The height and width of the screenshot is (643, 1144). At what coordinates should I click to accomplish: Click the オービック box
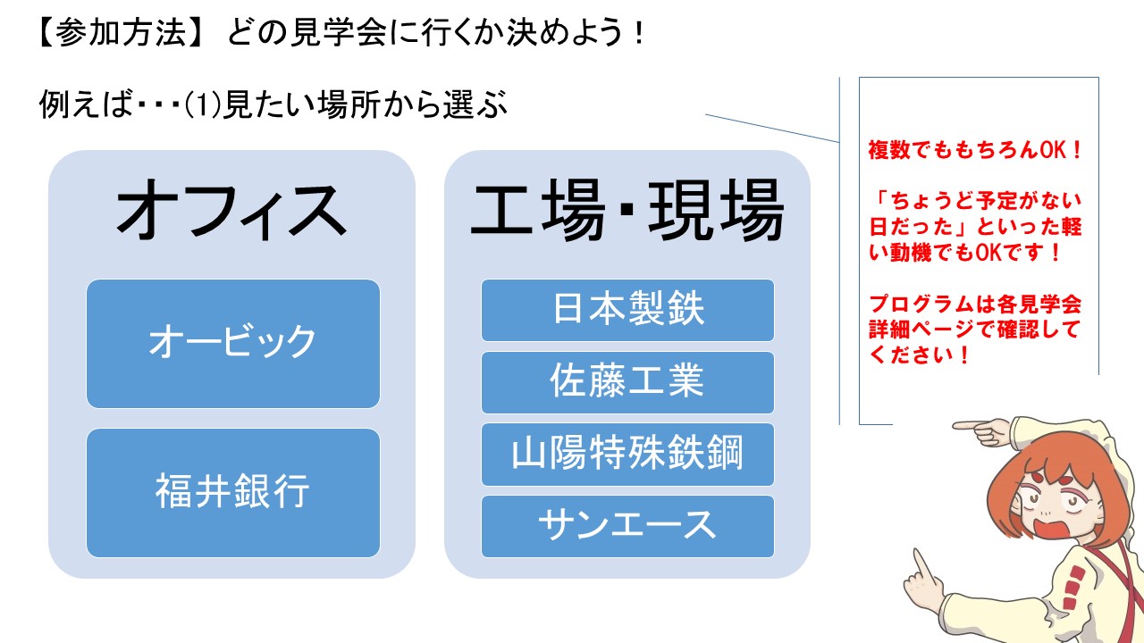pos(233,344)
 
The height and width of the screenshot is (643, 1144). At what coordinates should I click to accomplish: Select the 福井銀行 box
pos(233,492)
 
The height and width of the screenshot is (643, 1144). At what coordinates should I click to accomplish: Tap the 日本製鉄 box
pos(627,310)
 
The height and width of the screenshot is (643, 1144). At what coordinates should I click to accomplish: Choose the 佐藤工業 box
pos(627,382)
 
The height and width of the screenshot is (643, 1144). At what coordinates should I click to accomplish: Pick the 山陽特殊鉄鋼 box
pos(627,455)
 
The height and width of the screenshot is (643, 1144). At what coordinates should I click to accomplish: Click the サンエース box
pos(627,526)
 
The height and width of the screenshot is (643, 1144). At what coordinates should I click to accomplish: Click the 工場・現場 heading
pos(627,210)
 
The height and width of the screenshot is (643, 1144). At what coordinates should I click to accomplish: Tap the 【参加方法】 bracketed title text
pos(122,33)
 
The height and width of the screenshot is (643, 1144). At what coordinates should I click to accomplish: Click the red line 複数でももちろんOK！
pos(974,151)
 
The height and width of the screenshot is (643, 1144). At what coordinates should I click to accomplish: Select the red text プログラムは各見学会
pos(975,305)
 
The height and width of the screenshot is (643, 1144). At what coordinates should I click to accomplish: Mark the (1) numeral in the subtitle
pos(203,104)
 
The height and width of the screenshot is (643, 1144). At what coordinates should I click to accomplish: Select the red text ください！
pos(919,355)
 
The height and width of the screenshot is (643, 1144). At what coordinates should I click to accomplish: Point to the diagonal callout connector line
pos(772,128)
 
